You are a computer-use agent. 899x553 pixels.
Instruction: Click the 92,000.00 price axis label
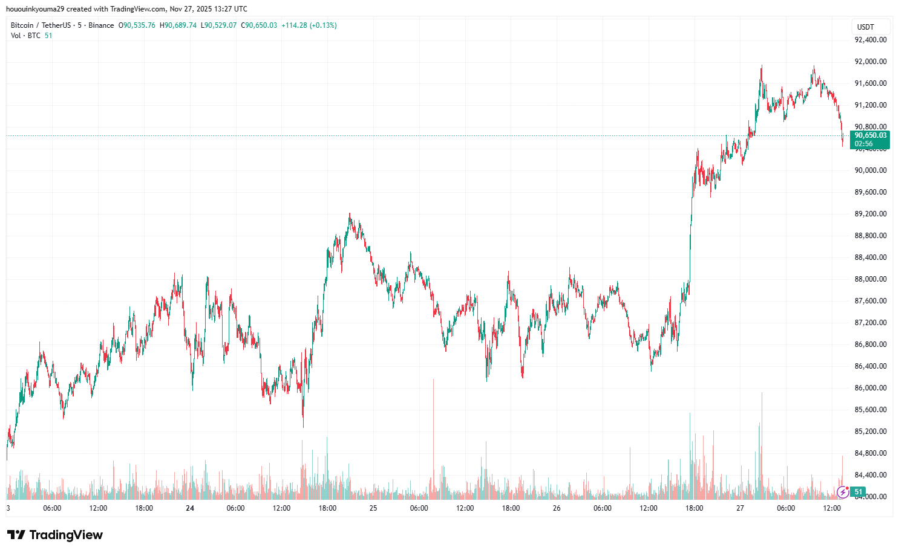click(x=870, y=62)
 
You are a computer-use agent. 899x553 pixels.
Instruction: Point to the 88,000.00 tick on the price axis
click(x=870, y=279)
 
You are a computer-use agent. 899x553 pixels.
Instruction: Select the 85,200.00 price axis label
click(x=870, y=432)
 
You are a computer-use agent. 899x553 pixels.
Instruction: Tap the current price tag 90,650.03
click(x=870, y=136)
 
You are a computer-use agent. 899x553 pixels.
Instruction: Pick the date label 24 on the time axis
click(x=190, y=508)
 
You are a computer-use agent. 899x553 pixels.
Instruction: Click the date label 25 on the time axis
click(x=373, y=508)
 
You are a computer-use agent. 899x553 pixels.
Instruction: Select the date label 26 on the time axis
click(x=557, y=508)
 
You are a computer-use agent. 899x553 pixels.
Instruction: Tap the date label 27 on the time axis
click(x=740, y=508)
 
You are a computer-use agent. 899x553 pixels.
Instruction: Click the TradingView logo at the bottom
click(x=55, y=535)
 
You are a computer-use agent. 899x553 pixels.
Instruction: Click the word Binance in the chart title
click(x=101, y=25)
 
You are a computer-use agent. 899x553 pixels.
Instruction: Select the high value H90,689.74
click(x=178, y=25)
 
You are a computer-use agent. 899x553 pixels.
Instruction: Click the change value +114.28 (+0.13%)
click(x=309, y=25)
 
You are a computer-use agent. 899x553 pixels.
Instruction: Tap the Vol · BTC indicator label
click(x=25, y=36)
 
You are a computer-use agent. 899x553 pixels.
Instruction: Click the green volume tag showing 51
click(x=858, y=492)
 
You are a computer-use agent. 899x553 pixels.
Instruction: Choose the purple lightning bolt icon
click(x=842, y=492)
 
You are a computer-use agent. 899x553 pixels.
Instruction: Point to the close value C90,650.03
click(x=259, y=25)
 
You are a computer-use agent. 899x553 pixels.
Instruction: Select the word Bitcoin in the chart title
click(x=22, y=25)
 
